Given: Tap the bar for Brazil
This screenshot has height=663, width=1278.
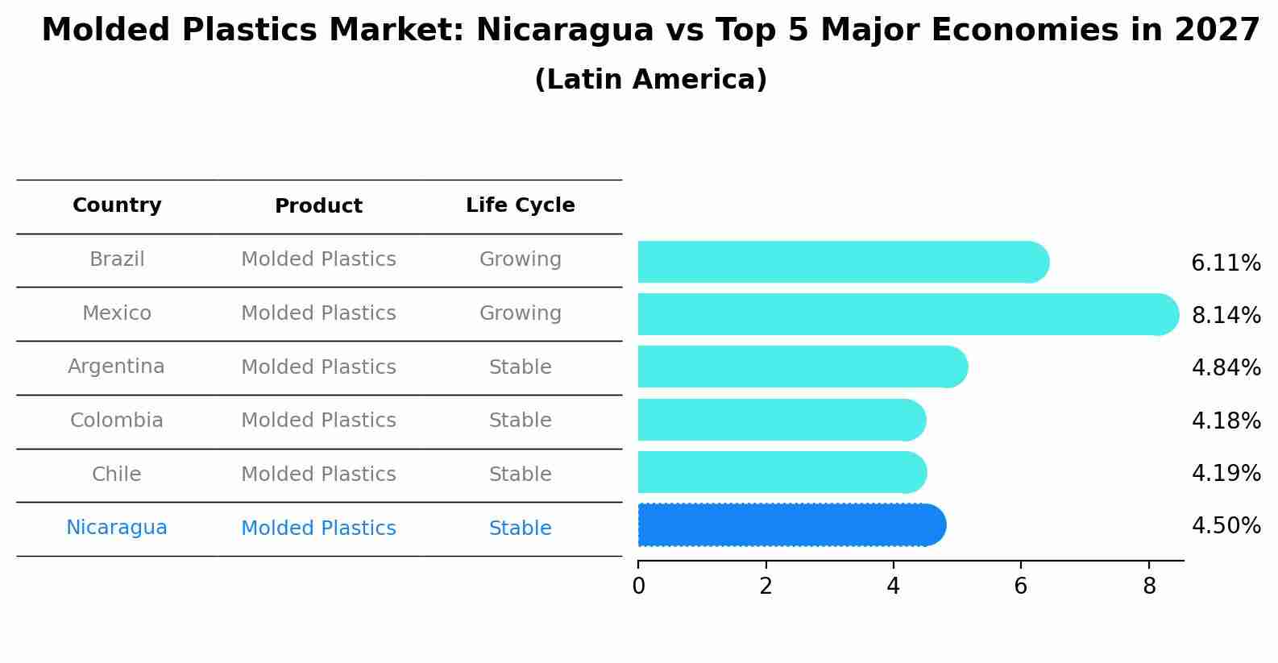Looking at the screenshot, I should pos(843,262).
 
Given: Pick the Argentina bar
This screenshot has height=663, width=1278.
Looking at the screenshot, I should pos(803,367).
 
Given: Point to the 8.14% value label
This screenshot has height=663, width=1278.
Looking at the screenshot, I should pos(1226,315).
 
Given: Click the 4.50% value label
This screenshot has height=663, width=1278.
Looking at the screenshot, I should pos(1226,526).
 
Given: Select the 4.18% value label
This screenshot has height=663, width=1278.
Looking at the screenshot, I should pos(1226,421).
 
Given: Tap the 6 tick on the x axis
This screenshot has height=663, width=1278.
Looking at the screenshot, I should pos(1020,586).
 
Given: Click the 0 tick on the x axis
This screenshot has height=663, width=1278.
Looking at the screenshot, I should pos(638,586).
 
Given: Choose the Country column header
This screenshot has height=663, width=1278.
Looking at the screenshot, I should pos(117,205).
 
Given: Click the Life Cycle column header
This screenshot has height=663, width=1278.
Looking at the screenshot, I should pos(520,205).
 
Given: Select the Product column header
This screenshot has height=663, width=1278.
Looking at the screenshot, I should pos(318,206).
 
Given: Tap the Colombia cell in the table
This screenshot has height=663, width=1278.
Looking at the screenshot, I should pos(117,421).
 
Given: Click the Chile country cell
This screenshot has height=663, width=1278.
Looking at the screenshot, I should pos(117,474).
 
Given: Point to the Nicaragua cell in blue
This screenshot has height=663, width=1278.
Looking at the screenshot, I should pos(117,528).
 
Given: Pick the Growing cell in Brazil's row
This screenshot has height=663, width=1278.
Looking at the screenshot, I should pos(520,259).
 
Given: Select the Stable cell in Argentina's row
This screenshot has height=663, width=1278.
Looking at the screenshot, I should pos(520,367).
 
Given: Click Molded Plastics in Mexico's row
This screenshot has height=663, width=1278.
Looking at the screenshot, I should pos(318,313).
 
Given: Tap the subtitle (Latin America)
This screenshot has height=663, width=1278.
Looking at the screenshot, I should pos(650,80).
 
